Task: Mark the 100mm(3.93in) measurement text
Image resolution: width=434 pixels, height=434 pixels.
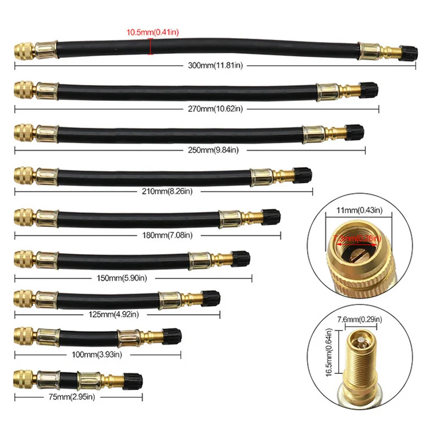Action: (x=97, y=355)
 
